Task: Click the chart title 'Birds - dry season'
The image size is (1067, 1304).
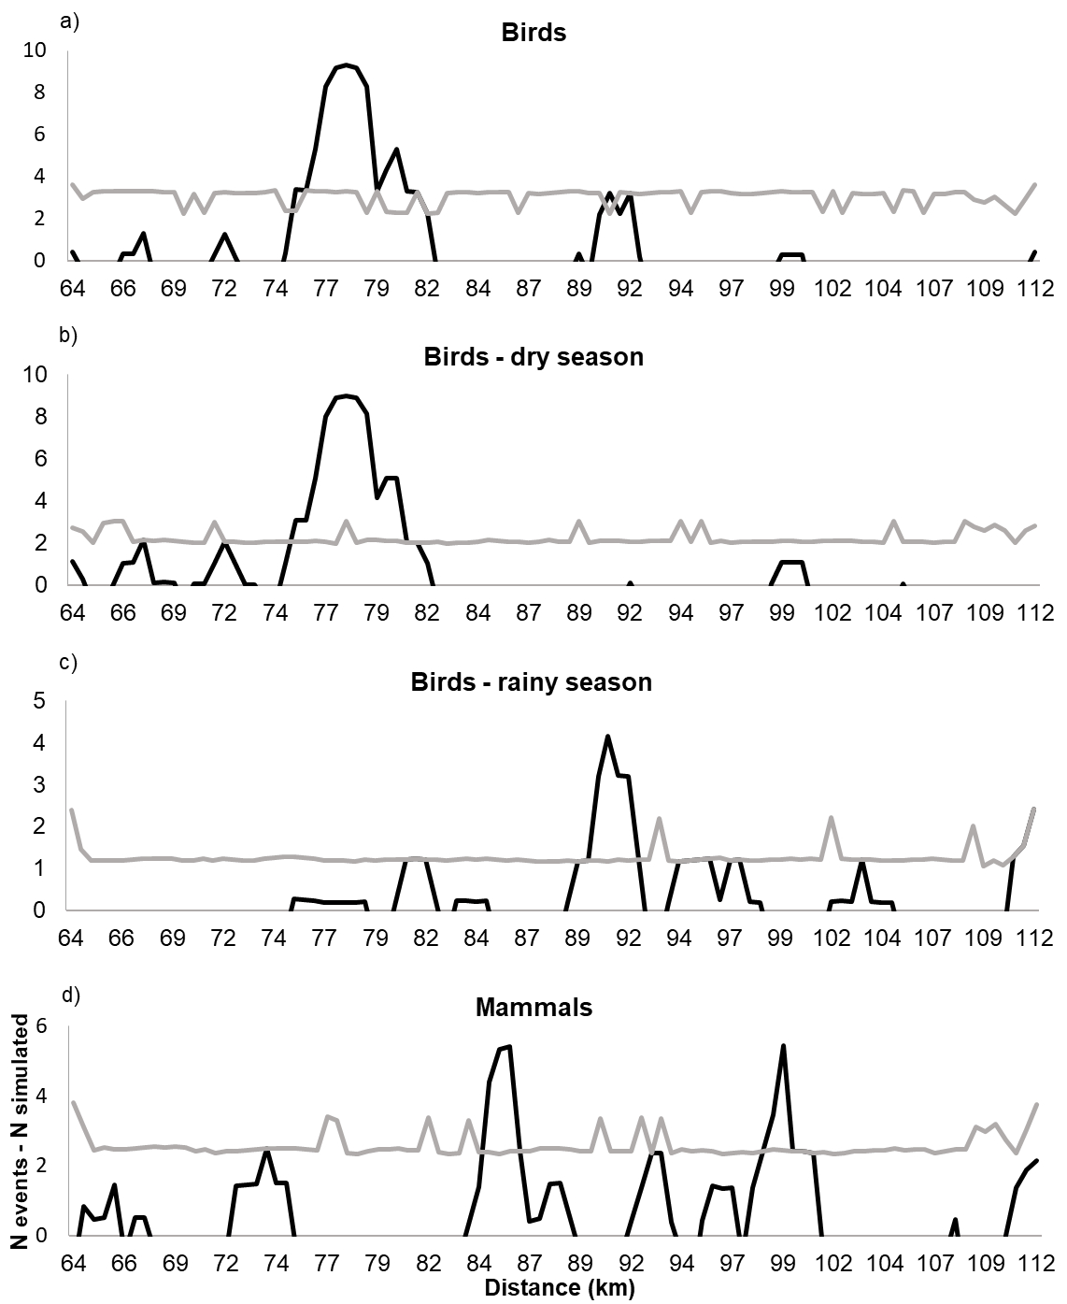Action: (x=533, y=356)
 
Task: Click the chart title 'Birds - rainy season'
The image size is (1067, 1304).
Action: (x=532, y=681)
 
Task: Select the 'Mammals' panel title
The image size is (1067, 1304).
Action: (x=533, y=1007)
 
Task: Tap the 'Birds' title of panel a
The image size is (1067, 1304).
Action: (x=533, y=32)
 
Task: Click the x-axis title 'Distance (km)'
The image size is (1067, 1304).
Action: (x=559, y=1289)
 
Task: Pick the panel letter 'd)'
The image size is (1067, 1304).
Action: (x=69, y=995)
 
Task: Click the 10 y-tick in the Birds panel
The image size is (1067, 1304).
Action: (x=34, y=50)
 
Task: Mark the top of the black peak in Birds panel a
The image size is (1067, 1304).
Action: (x=346, y=64)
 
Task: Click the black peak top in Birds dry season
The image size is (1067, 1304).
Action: (x=346, y=395)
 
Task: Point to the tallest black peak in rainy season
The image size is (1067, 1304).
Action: (x=608, y=737)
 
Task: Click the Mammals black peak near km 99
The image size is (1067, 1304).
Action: (x=783, y=1046)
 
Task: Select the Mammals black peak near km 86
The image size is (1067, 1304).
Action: (x=508, y=1047)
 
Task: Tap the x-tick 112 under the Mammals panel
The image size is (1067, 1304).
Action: (x=1038, y=1262)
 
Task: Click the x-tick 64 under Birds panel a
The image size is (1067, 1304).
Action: (x=72, y=288)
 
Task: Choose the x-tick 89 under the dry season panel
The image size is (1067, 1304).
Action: (x=579, y=613)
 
